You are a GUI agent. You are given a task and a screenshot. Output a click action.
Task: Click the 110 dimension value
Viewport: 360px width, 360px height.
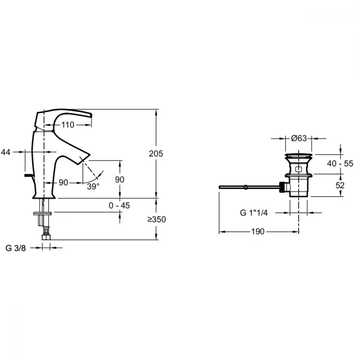[x=68, y=125]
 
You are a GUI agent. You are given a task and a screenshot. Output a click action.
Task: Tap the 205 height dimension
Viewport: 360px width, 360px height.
[x=156, y=154]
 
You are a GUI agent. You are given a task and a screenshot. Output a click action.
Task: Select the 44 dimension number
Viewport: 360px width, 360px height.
[x=6, y=152]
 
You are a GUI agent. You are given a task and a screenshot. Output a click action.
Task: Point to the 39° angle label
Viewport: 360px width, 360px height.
[x=93, y=186]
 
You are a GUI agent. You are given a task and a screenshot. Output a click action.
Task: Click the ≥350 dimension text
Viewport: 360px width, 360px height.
[x=157, y=220]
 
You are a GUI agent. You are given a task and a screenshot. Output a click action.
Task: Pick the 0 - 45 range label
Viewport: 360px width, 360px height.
[x=119, y=206]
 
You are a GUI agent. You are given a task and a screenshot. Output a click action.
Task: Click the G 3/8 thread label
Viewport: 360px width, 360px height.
[x=15, y=248]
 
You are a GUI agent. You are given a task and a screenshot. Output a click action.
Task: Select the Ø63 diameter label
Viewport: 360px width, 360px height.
[x=299, y=138]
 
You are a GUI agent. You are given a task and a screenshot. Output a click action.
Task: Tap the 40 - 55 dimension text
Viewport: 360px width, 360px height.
[x=340, y=163]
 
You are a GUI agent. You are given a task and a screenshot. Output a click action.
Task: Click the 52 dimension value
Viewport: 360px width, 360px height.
[x=340, y=185]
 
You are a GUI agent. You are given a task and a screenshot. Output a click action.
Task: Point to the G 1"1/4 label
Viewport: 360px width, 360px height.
[x=254, y=213]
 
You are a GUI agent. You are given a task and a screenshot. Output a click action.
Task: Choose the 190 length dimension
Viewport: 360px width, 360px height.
[x=258, y=231]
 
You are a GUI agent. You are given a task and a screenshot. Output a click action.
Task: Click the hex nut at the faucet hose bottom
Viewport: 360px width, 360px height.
[x=46, y=237]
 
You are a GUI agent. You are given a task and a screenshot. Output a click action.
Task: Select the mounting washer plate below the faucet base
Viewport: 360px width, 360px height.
[x=42, y=213]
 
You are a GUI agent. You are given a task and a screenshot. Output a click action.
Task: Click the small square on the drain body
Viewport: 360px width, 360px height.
[x=298, y=170]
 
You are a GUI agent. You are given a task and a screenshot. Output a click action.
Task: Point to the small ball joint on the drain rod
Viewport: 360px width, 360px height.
[x=246, y=187]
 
